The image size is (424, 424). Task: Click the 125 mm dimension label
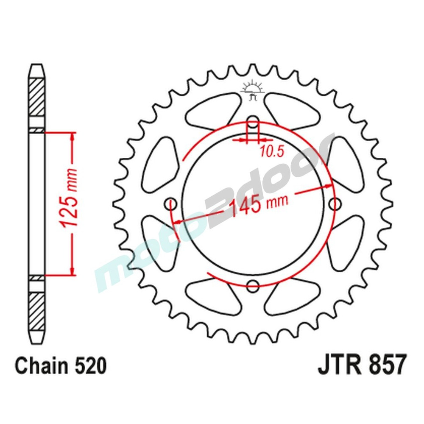pos(69,204)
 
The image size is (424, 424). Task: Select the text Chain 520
pos(61,366)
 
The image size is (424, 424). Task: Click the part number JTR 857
pos(363,365)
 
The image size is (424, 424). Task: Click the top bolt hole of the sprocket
pos(253,123)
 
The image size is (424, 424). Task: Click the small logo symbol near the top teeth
pos(253,90)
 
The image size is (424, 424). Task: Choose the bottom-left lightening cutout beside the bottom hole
pos(212,297)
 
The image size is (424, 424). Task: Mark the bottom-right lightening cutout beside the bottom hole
pos(293,297)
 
